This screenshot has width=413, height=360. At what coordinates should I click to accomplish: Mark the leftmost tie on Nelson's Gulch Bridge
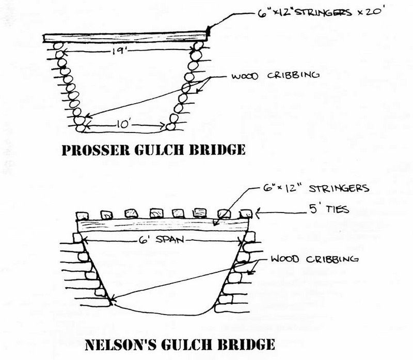click(82, 214)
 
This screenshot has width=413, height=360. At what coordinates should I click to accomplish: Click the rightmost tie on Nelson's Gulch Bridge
click(246, 212)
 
